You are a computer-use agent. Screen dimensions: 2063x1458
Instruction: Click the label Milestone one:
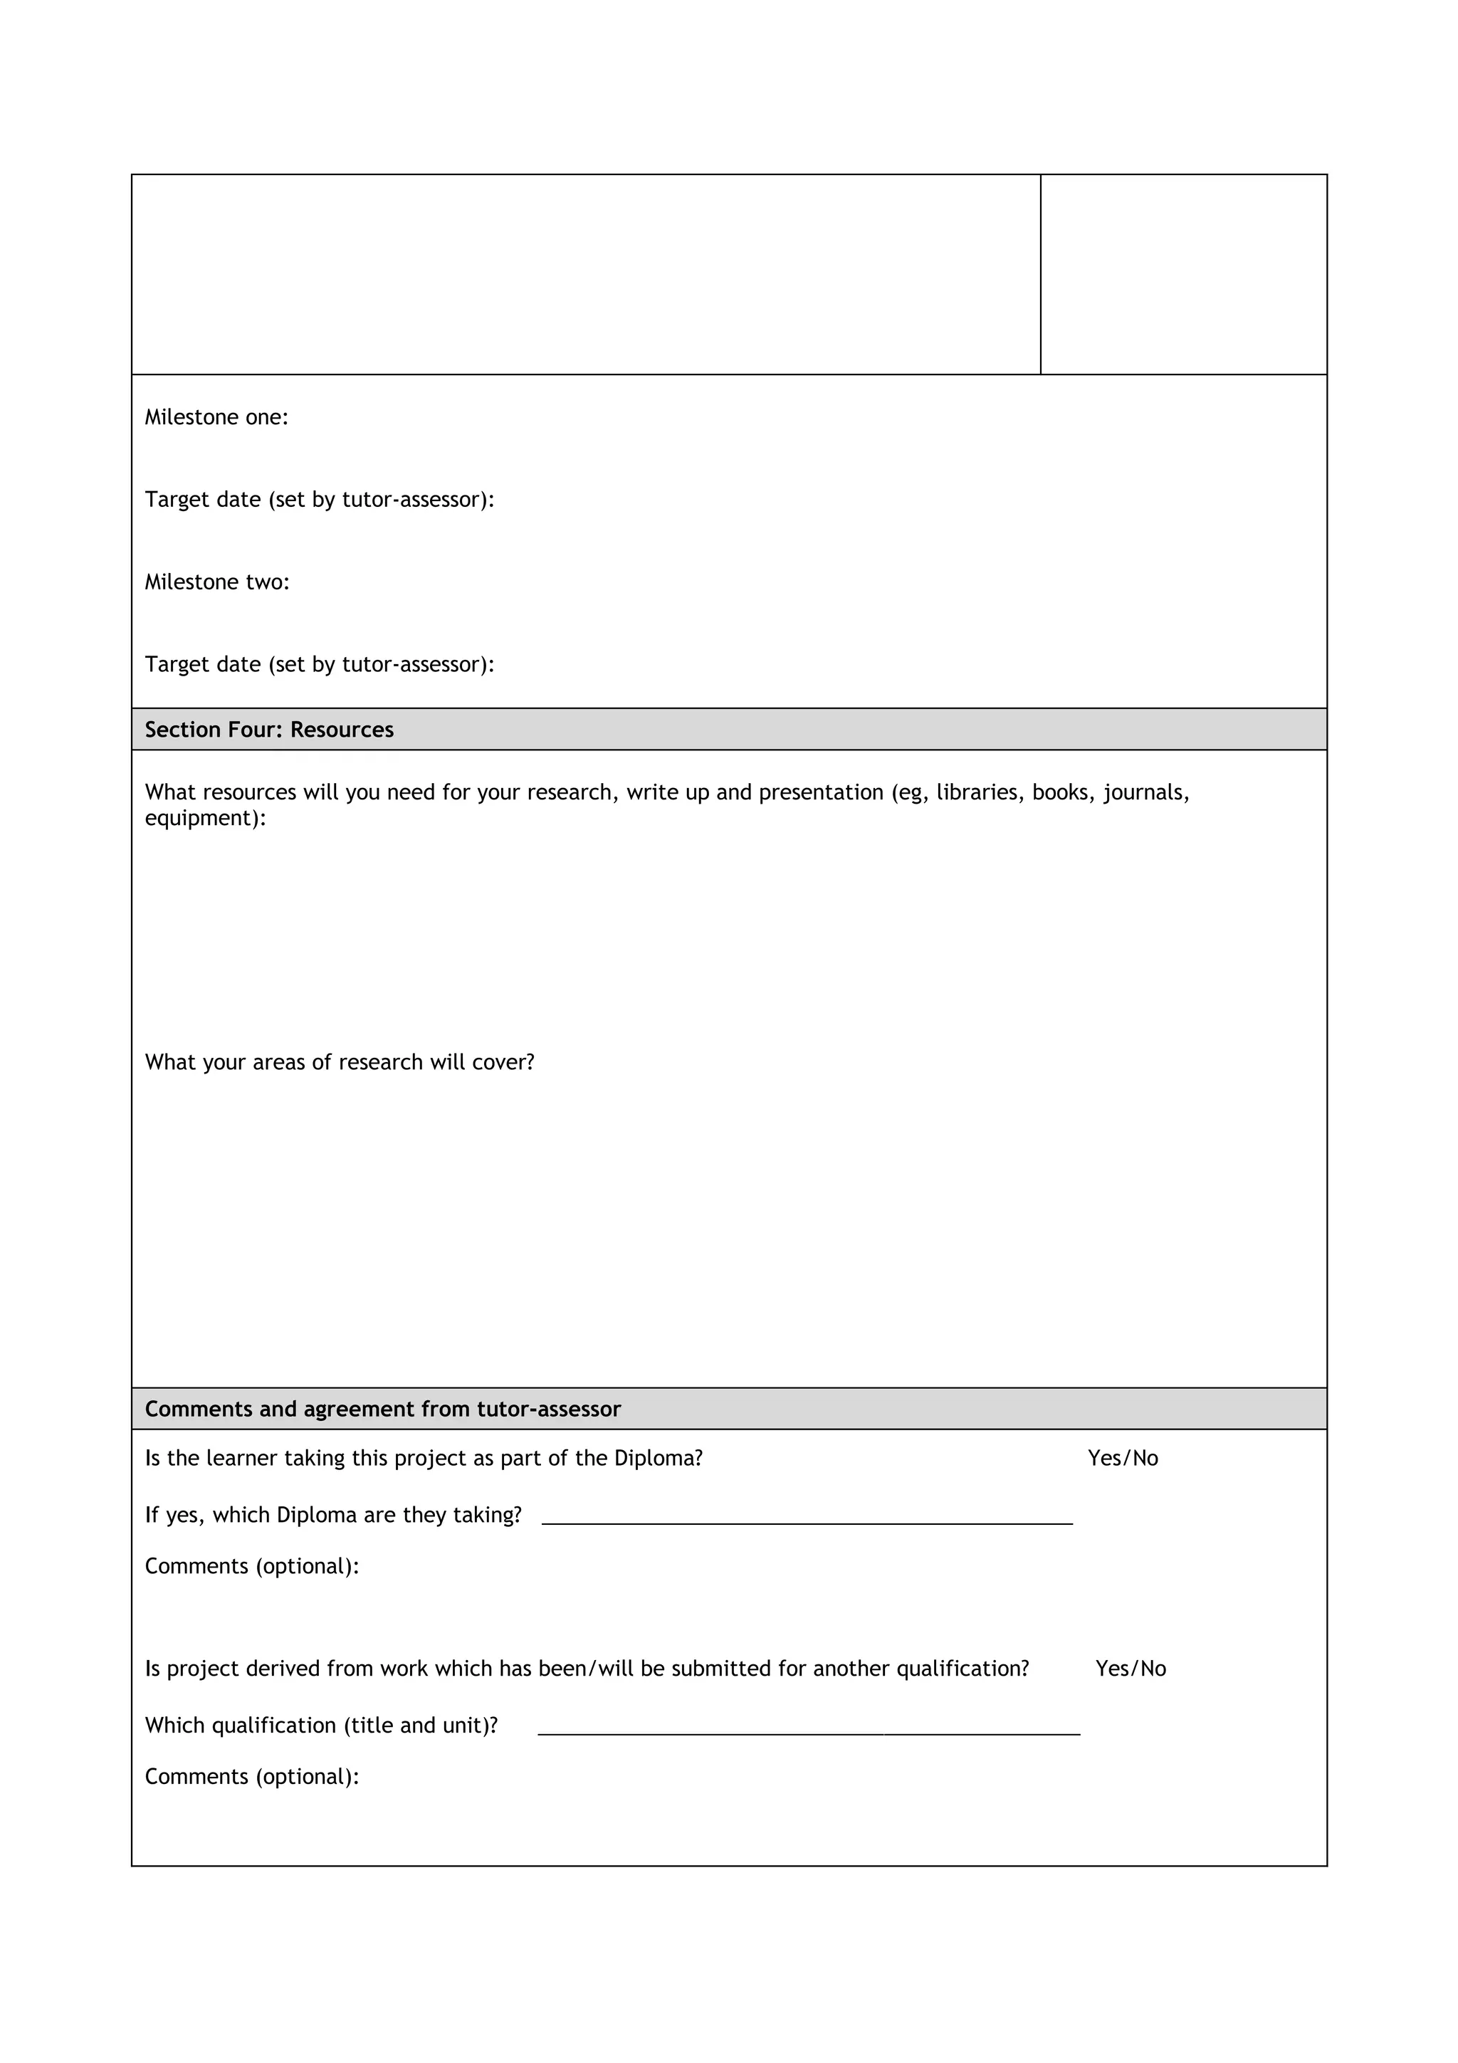click(216, 417)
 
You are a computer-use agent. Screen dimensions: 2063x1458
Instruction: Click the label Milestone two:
click(217, 582)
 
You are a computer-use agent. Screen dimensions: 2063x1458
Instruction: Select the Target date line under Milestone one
click(320, 500)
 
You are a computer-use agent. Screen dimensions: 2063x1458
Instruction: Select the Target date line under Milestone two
click(320, 665)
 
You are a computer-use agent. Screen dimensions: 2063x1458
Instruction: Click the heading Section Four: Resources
click(270, 730)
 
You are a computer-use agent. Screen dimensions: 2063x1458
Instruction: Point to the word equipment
click(203, 819)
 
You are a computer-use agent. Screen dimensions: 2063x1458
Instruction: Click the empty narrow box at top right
click(1183, 274)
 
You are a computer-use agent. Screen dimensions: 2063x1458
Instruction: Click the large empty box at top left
click(586, 274)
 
